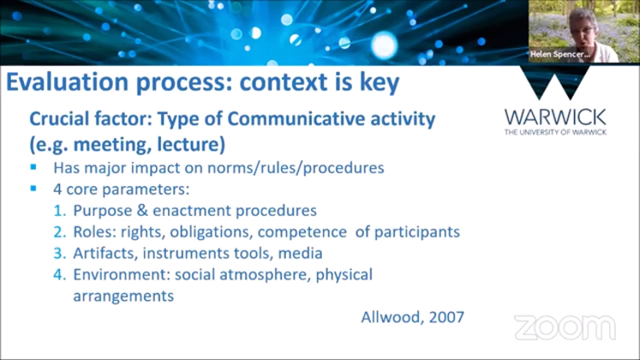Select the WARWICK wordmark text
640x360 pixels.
(556, 117)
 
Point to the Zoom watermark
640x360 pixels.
(565, 327)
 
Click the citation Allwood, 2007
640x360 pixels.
(411, 316)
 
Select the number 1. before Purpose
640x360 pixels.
(60, 211)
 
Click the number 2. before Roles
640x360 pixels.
(60, 232)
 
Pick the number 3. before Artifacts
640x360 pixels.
(60, 254)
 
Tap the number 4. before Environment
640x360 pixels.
(60, 275)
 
